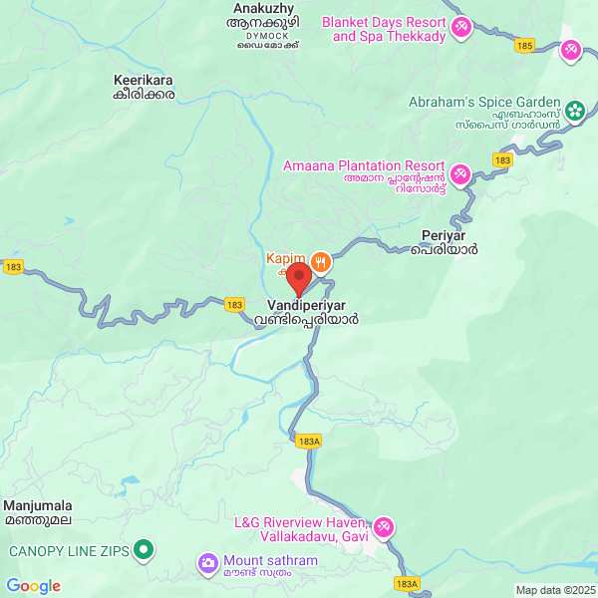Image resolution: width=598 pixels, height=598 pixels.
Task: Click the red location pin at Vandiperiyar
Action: point(298,279)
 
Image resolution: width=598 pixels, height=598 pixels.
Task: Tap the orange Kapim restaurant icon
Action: point(320,262)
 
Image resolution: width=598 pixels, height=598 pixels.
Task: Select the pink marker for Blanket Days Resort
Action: point(461,28)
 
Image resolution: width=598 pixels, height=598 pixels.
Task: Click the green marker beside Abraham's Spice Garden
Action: point(575,112)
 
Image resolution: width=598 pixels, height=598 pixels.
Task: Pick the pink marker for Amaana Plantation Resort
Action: point(459,174)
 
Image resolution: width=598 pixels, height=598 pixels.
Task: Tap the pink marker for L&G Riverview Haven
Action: point(384,526)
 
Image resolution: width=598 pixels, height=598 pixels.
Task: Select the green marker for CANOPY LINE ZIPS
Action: point(144,549)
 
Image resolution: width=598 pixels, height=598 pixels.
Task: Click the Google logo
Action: point(33,586)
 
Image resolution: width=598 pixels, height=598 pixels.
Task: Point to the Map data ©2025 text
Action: point(554,590)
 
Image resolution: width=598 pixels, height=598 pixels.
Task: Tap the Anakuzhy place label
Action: point(264,6)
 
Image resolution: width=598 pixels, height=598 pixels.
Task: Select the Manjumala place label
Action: point(38,505)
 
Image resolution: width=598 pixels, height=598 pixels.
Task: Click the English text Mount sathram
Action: point(270,561)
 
